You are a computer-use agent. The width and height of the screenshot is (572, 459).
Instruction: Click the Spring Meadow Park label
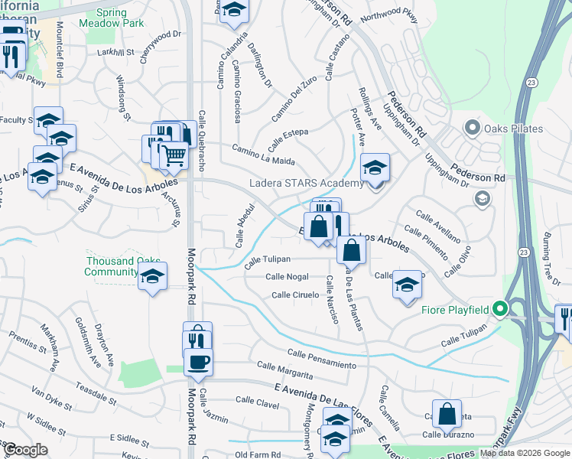(x=111, y=18)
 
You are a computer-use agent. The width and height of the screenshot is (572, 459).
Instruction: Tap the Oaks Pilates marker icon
(x=473, y=128)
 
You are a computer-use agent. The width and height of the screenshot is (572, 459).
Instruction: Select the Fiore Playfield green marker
(x=500, y=309)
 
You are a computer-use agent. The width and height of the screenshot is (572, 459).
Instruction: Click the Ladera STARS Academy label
(x=307, y=184)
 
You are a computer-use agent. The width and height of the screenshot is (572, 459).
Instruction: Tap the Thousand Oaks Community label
(x=112, y=266)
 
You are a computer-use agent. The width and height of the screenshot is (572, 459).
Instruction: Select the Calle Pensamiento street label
(x=321, y=358)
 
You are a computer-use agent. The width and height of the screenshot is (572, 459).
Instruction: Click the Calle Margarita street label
(x=284, y=370)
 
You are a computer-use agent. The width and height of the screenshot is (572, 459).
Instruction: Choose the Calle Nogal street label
(x=287, y=277)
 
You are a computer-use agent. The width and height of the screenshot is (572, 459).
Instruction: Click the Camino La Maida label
(x=263, y=155)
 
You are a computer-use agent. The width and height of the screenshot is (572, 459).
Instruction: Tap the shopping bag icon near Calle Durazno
(x=447, y=414)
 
